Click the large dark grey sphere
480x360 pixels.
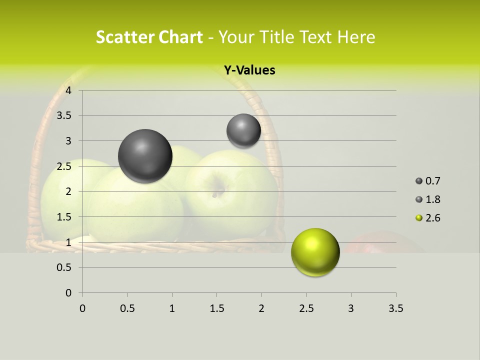tap(145, 156)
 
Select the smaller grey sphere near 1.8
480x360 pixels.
tap(243, 130)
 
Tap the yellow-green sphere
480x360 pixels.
tap(315, 252)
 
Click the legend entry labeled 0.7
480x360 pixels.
tap(428, 181)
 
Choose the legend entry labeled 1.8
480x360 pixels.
tap(428, 199)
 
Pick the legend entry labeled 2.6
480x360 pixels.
tap(428, 218)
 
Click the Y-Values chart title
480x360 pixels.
tap(249, 70)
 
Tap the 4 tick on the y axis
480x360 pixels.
tap(68, 90)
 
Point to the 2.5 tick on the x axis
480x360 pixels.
tap(305, 308)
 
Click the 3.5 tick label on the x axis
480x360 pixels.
tap(395, 308)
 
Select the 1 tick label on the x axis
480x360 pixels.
tap(172, 308)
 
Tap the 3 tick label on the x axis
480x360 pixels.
tap(350, 308)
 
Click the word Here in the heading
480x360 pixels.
tap(356, 37)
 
